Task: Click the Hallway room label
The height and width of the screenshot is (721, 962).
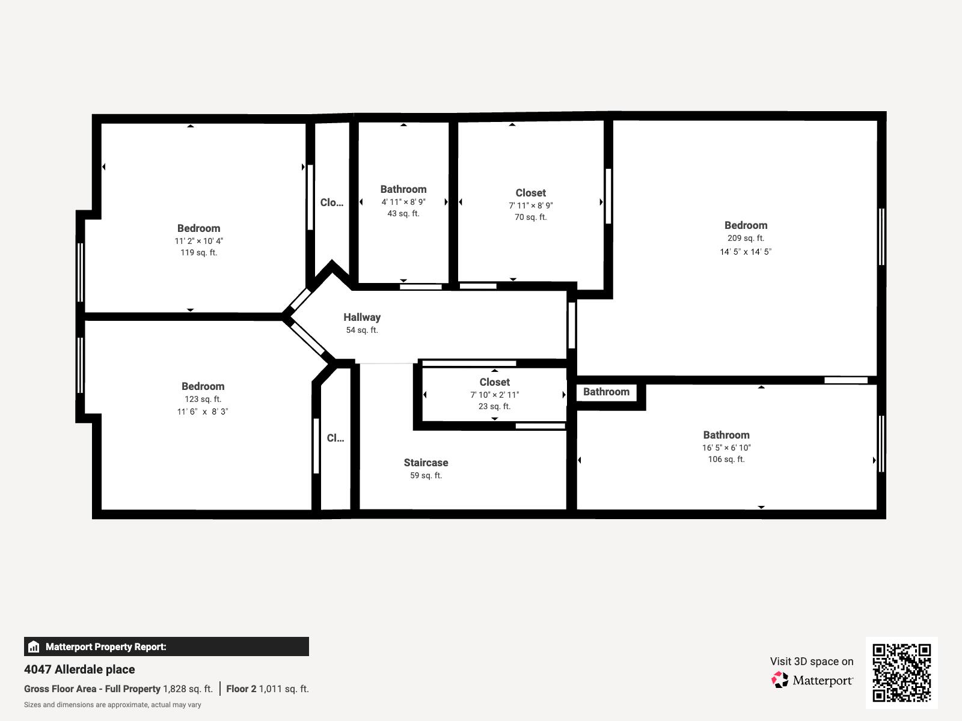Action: point(362,317)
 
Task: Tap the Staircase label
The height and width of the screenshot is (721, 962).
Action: point(426,463)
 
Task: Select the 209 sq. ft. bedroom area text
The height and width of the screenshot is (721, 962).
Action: point(746,238)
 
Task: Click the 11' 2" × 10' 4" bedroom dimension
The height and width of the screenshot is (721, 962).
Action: point(199,241)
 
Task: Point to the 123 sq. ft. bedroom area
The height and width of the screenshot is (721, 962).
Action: point(203,399)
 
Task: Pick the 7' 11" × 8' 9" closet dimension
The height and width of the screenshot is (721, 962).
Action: point(530,205)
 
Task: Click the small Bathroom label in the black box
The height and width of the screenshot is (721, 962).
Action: point(606,392)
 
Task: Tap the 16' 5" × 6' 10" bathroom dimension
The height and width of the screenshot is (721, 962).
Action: point(726,448)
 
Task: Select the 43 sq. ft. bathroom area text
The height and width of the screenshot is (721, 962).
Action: point(403,214)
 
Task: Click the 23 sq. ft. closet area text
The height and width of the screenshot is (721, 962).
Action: point(494,407)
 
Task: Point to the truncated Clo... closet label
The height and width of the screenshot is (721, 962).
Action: point(332,202)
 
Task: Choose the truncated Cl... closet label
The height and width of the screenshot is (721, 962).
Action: point(335,438)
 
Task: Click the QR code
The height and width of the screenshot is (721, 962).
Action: point(901,672)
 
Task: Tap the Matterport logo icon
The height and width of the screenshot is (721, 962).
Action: point(780,680)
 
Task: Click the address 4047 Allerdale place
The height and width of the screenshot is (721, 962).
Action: point(79,669)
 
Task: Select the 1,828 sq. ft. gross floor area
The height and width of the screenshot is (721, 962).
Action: point(188,689)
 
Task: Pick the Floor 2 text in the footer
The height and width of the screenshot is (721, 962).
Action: point(241,689)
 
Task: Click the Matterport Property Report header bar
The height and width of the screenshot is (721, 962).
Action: point(166,646)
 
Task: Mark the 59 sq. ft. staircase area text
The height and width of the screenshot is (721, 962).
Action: point(426,476)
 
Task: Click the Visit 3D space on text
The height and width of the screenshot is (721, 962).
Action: point(811,662)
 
